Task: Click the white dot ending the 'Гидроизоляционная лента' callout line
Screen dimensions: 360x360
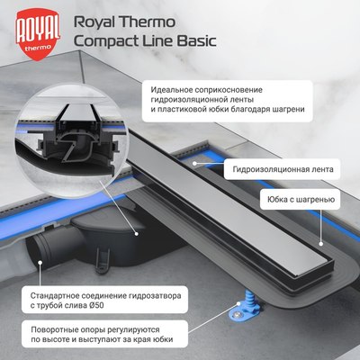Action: tap(196, 162)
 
